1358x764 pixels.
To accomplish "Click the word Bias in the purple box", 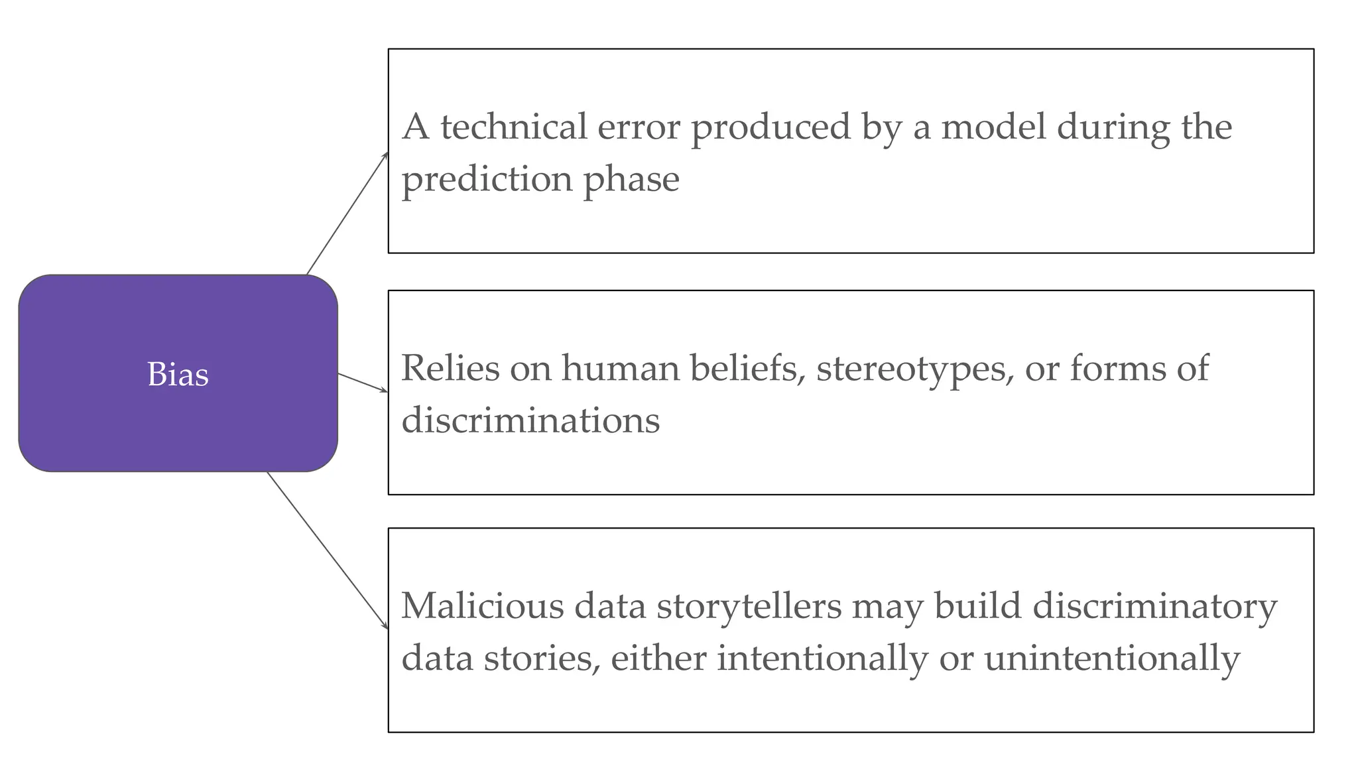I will (x=178, y=374).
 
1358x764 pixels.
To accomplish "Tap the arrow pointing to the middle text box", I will (x=363, y=383).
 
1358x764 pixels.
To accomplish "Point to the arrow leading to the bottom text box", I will (x=328, y=550).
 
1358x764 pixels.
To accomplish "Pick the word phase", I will (x=631, y=179).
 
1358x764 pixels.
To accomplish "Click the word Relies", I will (x=450, y=368).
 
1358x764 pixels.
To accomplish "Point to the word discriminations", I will (x=530, y=420).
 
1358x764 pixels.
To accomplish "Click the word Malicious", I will (x=483, y=605).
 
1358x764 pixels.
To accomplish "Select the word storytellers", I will (x=749, y=605).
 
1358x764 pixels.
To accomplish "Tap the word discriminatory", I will (x=1155, y=605).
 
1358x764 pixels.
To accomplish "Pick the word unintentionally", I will (x=1112, y=659).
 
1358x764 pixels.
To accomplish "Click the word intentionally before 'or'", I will (x=822, y=659).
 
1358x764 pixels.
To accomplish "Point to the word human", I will (x=621, y=368).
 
